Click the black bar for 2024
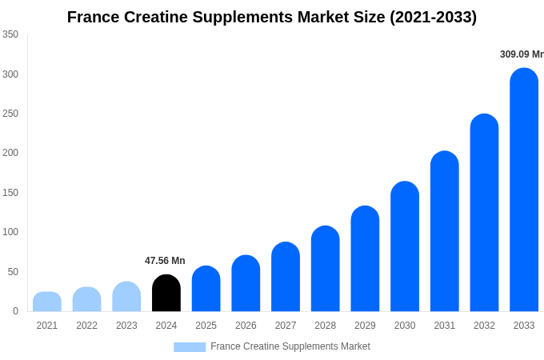click(166, 294)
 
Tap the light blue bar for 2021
click(47, 302)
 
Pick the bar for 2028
click(326, 269)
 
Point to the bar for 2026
click(246, 284)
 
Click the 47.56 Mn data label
click(165, 261)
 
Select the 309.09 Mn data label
click(521, 54)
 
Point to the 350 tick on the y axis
click(10, 34)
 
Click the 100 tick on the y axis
click(10, 232)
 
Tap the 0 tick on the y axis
click(15, 311)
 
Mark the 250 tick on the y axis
click(10, 114)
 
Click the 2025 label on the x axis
click(206, 326)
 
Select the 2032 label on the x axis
click(484, 326)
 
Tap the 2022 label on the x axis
click(86, 326)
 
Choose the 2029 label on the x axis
click(365, 326)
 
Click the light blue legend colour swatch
click(190, 347)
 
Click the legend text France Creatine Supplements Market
click(290, 346)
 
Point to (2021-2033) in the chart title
click(433, 17)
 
